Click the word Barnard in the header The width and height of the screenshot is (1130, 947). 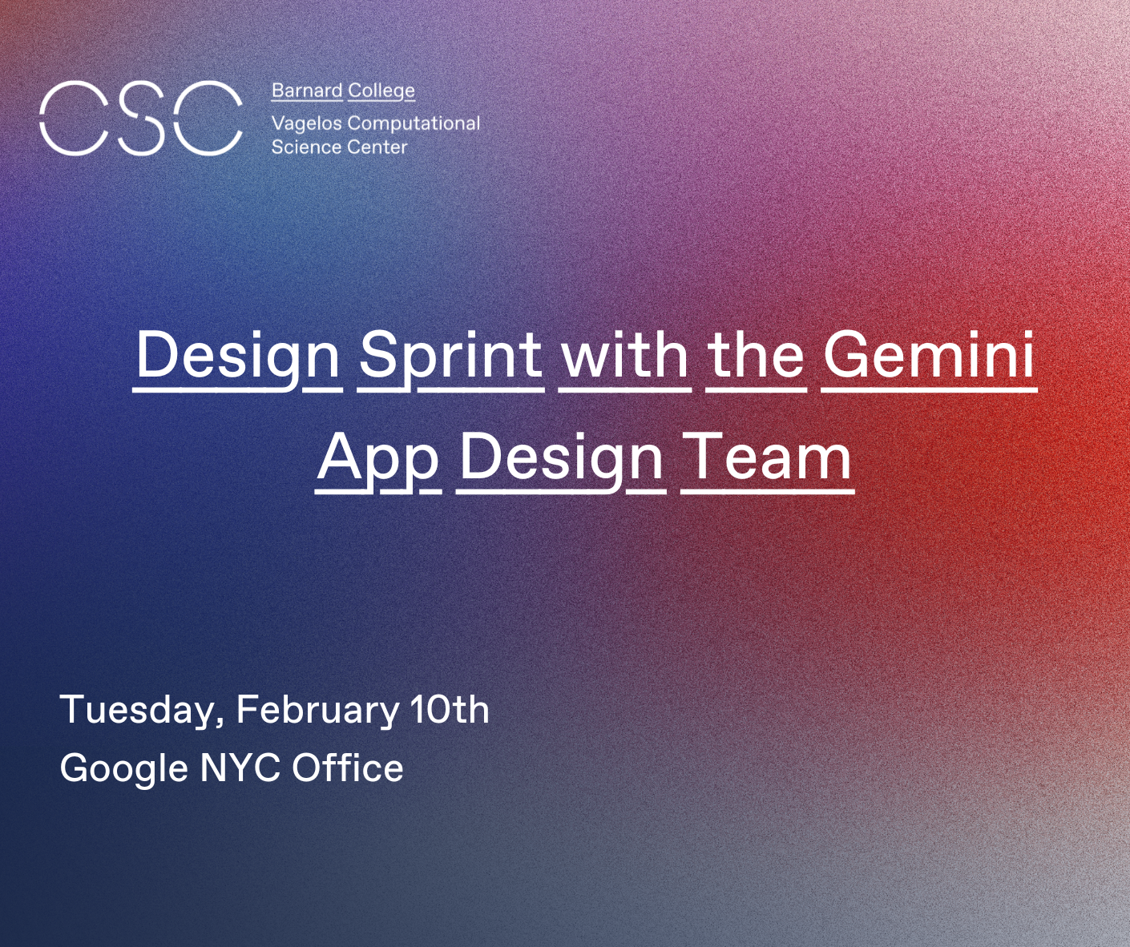(307, 91)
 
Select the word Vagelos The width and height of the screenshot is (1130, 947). (307, 124)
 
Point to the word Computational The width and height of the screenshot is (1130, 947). (414, 124)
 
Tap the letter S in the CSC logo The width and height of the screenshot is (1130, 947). (141, 119)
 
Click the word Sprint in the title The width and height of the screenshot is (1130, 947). (451, 357)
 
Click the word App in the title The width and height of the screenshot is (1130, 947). (377, 459)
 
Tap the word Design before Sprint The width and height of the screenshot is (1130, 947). (237, 357)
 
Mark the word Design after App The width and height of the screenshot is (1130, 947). (561, 461)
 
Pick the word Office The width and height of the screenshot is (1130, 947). (348, 767)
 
